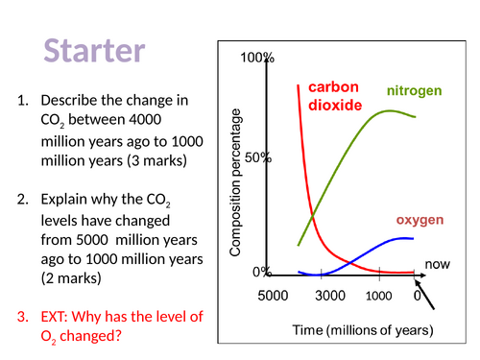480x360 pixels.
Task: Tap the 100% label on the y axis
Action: click(x=257, y=59)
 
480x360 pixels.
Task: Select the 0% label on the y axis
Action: click(x=262, y=272)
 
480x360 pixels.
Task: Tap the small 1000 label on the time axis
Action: click(x=379, y=296)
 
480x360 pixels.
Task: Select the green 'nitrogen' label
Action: click(x=414, y=91)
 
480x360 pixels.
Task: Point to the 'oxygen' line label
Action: click(x=420, y=220)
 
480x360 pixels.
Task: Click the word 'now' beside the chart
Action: click(x=437, y=263)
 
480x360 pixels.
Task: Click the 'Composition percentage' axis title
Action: click(x=236, y=186)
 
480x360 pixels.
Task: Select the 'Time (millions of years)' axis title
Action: click(x=363, y=330)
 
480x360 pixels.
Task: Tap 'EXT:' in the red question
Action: click(x=59, y=318)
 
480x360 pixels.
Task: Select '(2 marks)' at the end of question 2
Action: click(x=72, y=279)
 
